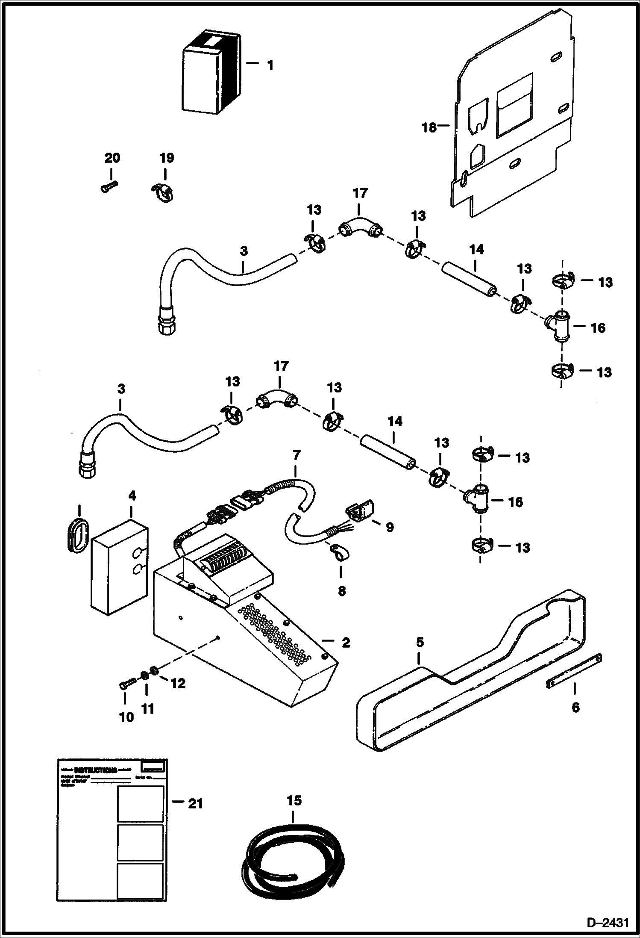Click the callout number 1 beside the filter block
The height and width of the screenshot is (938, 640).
click(270, 65)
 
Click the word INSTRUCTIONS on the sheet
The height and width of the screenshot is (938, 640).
click(95, 770)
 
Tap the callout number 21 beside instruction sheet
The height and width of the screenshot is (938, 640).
click(195, 804)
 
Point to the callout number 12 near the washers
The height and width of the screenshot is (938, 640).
click(178, 683)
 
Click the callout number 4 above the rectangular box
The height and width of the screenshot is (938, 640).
click(132, 496)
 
